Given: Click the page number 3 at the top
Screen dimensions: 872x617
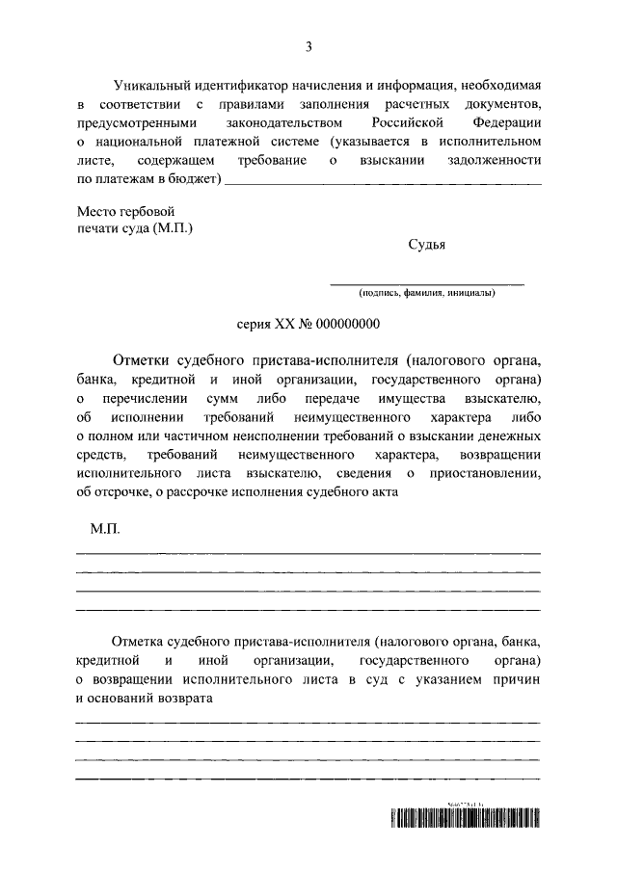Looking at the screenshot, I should click(x=308, y=45).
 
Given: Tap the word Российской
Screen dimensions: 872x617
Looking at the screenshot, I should click(x=408, y=124).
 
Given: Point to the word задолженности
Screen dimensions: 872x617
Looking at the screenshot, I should click(x=496, y=161).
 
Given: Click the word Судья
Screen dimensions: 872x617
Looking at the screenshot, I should click(x=426, y=246).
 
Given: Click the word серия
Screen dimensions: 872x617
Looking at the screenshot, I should click(x=255, y=325).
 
